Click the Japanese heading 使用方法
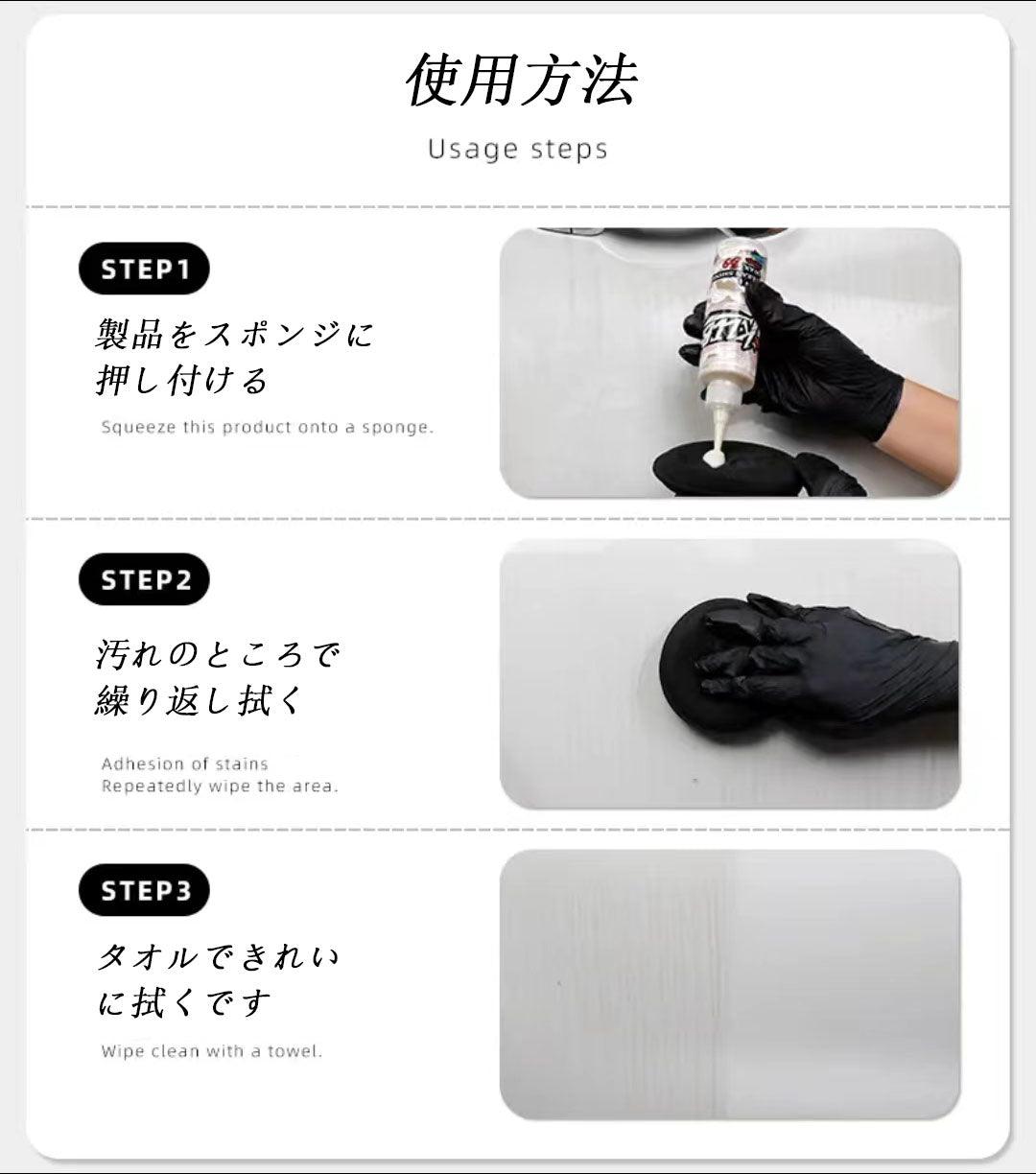click(x=521, y=80)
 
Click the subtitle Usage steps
click(x=518, y=150)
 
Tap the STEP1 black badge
click(x=144, y=269)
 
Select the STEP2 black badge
click(x=144, y=579)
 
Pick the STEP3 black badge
click(x=144, y=890)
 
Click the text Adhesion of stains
click(x=184, y=763)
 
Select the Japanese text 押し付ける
click(x=182, y=381)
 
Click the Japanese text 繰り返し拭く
click(x=199, y=700)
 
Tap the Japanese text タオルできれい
click(x=218, y=957)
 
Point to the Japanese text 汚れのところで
click(x=218, y=654)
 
